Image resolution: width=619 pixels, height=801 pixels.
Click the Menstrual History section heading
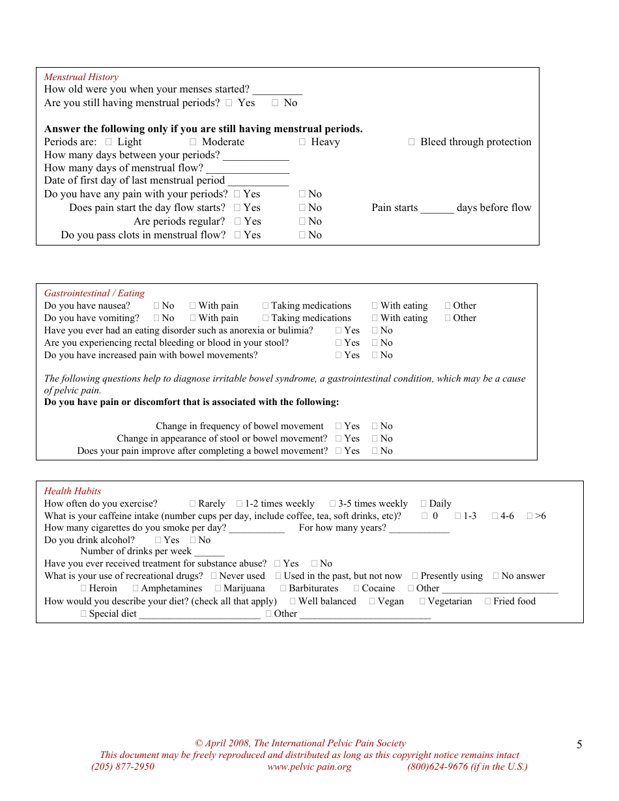pos(81,77)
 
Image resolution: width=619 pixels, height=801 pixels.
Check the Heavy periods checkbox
pos(302,142)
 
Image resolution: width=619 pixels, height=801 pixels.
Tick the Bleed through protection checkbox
pos(412,142)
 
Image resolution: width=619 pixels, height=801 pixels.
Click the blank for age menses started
pos(277,90)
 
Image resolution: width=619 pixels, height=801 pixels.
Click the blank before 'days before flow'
pos(437,208)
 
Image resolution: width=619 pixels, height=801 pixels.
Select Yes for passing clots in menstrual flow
pos(238,235)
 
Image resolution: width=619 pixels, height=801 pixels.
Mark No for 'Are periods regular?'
pos(302,221)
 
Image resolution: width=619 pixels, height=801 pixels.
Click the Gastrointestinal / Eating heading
pos(94,293)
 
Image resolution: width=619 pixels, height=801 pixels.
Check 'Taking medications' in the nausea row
pos(266,305)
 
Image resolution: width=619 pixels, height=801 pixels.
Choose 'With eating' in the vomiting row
pos(375,318)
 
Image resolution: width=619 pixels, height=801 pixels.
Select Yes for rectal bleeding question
pos(339,343)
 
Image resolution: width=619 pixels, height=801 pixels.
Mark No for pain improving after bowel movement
pos(375,451)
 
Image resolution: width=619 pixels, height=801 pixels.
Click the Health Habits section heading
pos(72,491)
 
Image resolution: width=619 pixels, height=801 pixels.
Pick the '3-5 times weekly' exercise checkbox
pos(333,503)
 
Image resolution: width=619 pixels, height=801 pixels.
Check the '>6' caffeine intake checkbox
pos(530,516)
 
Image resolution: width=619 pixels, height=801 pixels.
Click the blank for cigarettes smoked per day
pos(257,528)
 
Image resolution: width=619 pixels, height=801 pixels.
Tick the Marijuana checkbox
pos(218,588)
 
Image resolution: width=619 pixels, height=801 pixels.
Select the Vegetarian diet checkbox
pos(422,601)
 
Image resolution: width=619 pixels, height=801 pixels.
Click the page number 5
pos(579,745)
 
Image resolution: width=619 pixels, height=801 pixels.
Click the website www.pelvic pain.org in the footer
pos(309,766)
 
